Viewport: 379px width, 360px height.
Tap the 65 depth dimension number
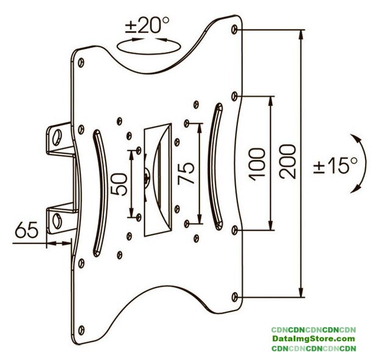coord(26,232)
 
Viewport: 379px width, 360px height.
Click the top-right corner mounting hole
coord(237,29)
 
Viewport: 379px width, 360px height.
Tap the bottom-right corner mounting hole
coord(237,297)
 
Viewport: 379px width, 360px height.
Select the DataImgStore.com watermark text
coord(314,339)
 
